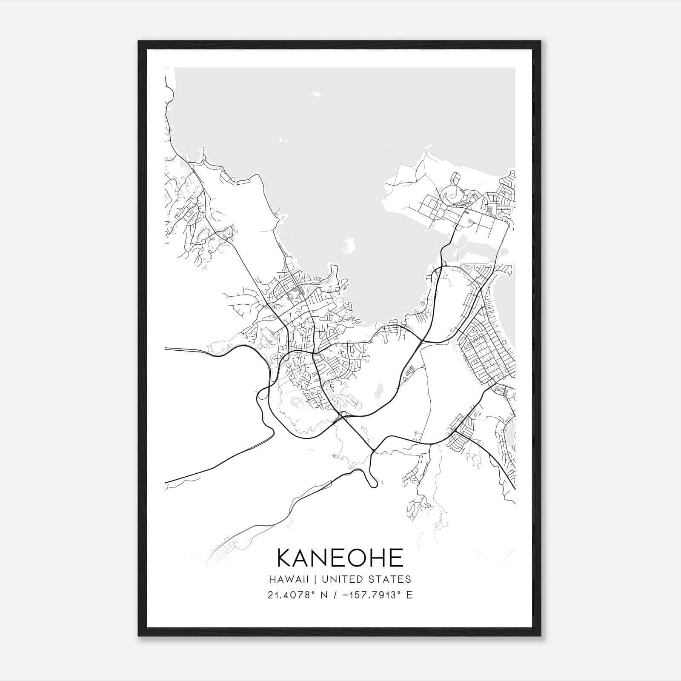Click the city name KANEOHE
(340, 558)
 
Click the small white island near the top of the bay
(316, 94)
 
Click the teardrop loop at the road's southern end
(373, 482)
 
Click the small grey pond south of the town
(378, 390)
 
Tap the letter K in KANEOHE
(284, 558)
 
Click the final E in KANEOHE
(396, 558)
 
